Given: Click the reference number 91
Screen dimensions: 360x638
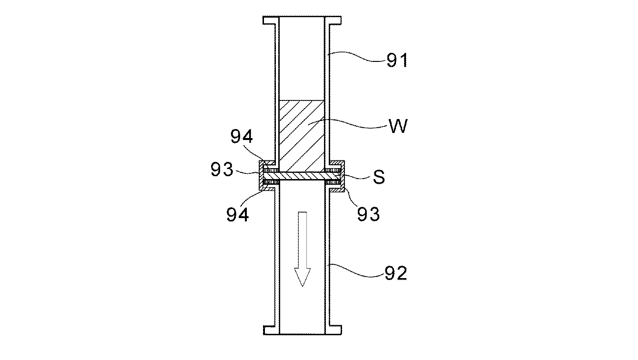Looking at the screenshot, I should [397, 60].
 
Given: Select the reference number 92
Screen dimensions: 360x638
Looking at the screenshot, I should [396, 273].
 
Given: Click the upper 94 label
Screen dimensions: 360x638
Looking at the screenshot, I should [242, 137].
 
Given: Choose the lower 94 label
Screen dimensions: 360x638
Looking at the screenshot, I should [237, 215].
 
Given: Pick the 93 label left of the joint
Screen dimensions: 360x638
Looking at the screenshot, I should [223, 170].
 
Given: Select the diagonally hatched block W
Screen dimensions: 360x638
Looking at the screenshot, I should [302, 136].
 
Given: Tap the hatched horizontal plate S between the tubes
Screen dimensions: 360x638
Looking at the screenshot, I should [302, 177].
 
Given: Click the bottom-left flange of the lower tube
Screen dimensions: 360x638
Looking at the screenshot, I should [270, 330].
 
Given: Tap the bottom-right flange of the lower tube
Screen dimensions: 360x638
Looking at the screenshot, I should [334, 330].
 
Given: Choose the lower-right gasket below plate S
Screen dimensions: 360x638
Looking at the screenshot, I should [332, 183].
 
